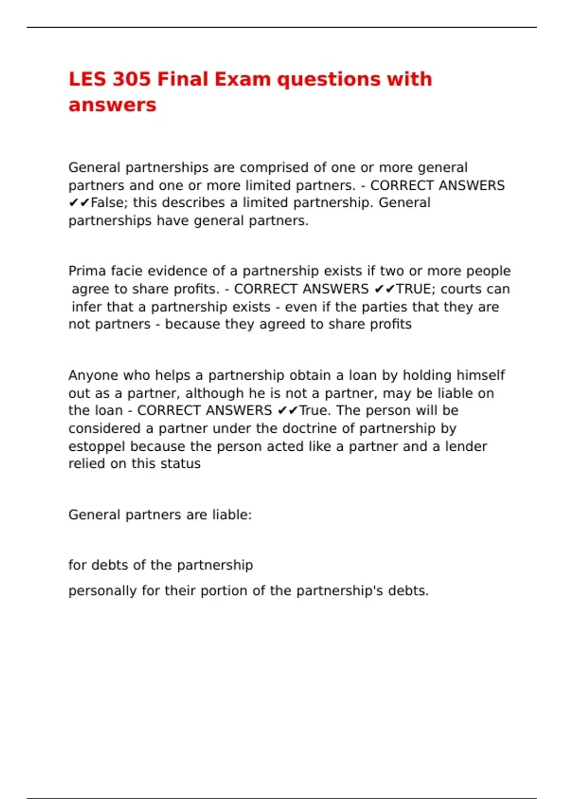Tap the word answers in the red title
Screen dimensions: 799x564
pos(112,105)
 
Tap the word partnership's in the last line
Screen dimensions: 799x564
pos(339,591)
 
